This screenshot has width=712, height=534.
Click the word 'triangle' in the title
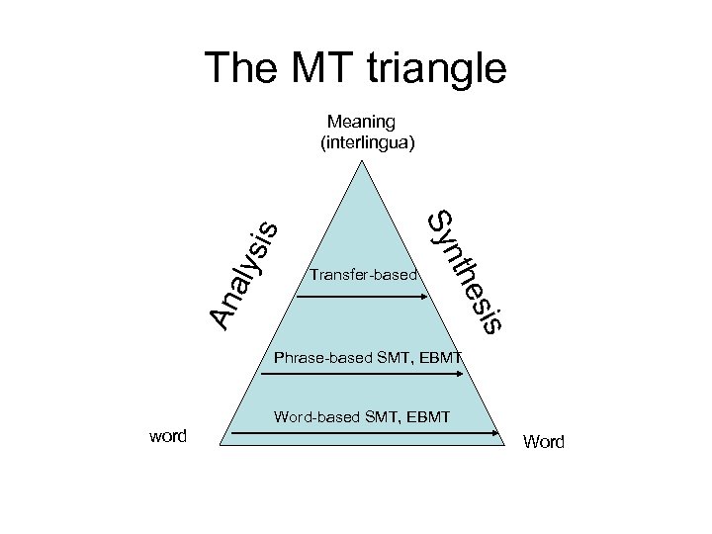click(437, 69)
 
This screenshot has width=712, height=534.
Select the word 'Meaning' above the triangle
click(361, 122)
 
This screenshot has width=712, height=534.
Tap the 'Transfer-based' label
click(364, 274)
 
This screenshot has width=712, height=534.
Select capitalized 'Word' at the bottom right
click(543, 442)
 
